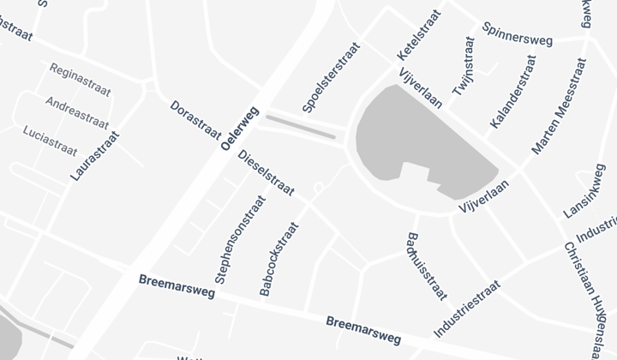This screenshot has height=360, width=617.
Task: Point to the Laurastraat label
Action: click(95, 155)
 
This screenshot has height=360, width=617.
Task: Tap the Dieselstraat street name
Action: click(266, 173)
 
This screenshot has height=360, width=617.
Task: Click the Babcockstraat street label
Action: click(279, 260)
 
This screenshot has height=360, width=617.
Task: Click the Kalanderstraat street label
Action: click(512, 93)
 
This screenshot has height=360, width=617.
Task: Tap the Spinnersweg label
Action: click(518, 33)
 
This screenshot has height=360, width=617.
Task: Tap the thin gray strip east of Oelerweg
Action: click(300, 127)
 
